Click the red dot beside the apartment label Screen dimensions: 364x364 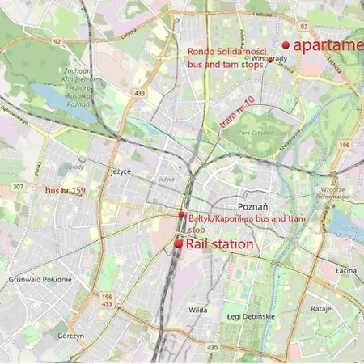click(x=286, y=45)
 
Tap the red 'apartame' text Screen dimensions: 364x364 click(x=328, y=45)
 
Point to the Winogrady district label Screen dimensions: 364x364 click(x=270, y=58)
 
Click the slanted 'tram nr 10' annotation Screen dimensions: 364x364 click(x=237, y=112)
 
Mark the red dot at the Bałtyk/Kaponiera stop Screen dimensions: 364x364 click(x=181, y=214)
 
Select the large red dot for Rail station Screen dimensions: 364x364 click(x=178, y=243)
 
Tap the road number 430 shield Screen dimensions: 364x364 click(x=212, y=347)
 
